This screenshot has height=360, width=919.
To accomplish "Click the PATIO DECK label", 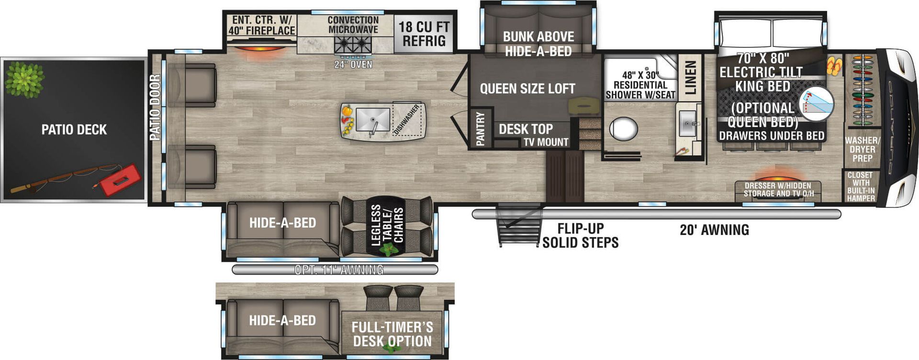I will (74, 130).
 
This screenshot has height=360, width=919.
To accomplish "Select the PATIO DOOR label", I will (155, 107).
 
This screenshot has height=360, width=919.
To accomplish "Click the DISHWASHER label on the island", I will (406, 119).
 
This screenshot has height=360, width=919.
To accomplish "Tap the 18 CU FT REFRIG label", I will (424, 34).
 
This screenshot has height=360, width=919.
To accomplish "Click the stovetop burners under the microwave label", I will (353, 46).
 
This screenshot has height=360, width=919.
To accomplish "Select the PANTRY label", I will (480, 128).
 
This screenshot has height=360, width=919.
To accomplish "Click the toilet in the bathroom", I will (623, 129).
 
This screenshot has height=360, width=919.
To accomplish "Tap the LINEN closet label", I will (690, 78).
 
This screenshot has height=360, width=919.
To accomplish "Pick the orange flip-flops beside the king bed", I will (834, 66).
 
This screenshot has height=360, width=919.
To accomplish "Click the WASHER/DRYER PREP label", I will (862, 149).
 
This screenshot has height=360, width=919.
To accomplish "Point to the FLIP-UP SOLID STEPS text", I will (580, 236).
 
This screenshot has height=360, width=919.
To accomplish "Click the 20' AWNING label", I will (714, 230).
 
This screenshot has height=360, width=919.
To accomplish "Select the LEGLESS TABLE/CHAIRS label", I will (387, 225).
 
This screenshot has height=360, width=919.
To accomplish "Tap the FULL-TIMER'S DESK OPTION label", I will (392, 334).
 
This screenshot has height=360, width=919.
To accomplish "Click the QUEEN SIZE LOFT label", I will (527, 89).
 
